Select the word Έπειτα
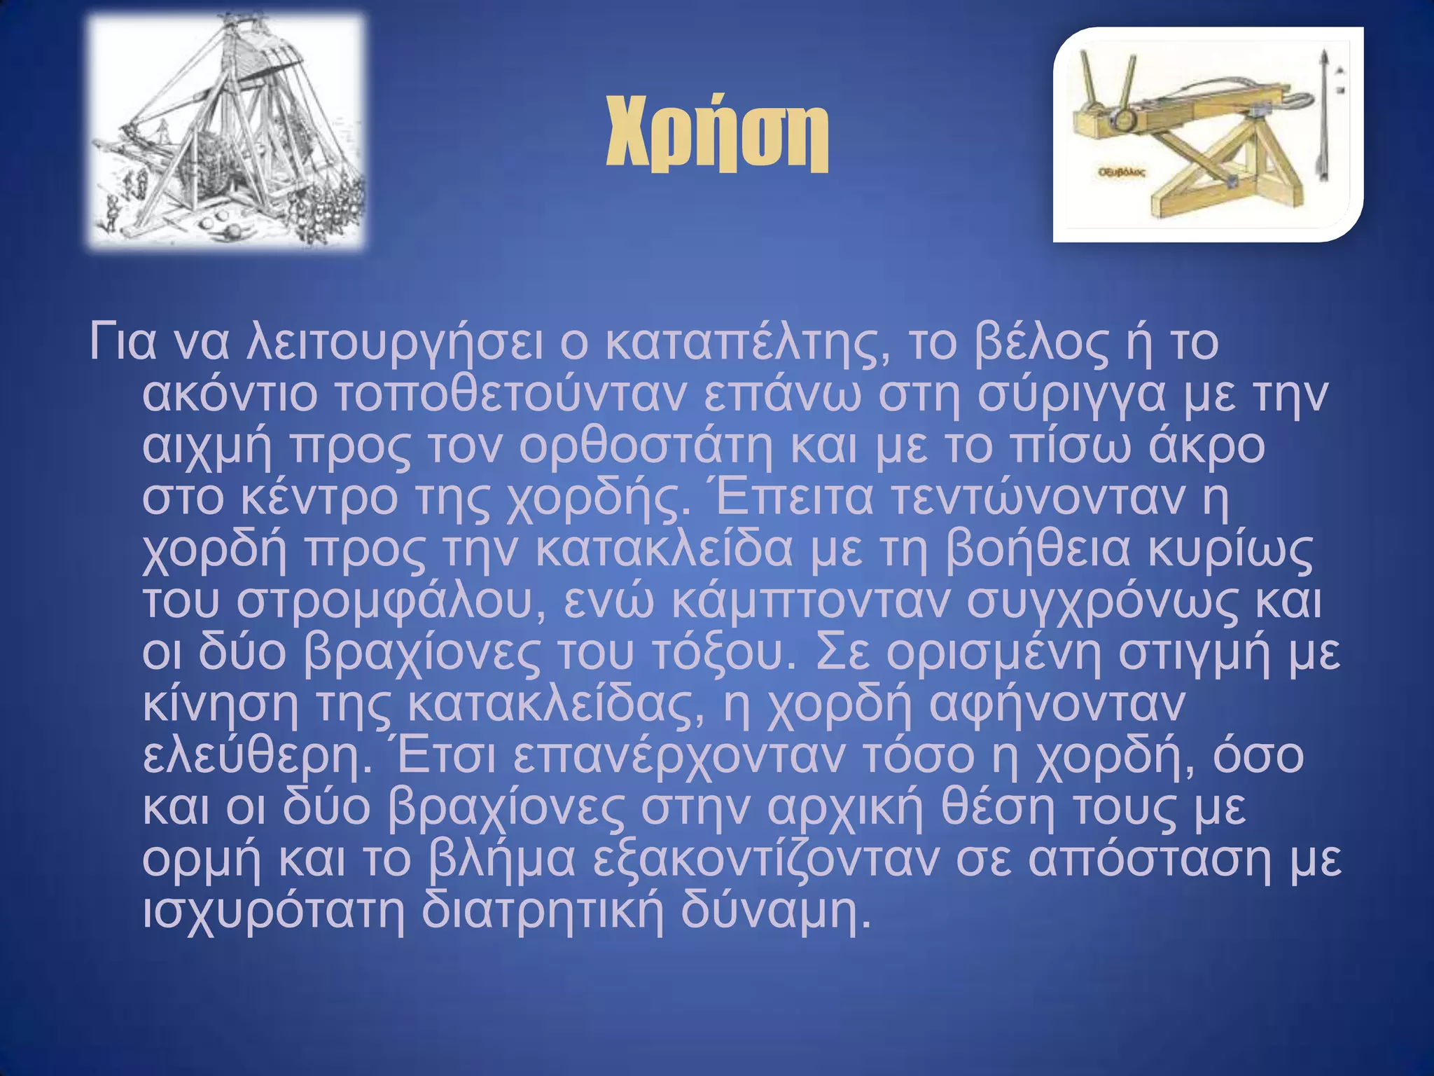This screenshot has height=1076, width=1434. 793,498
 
